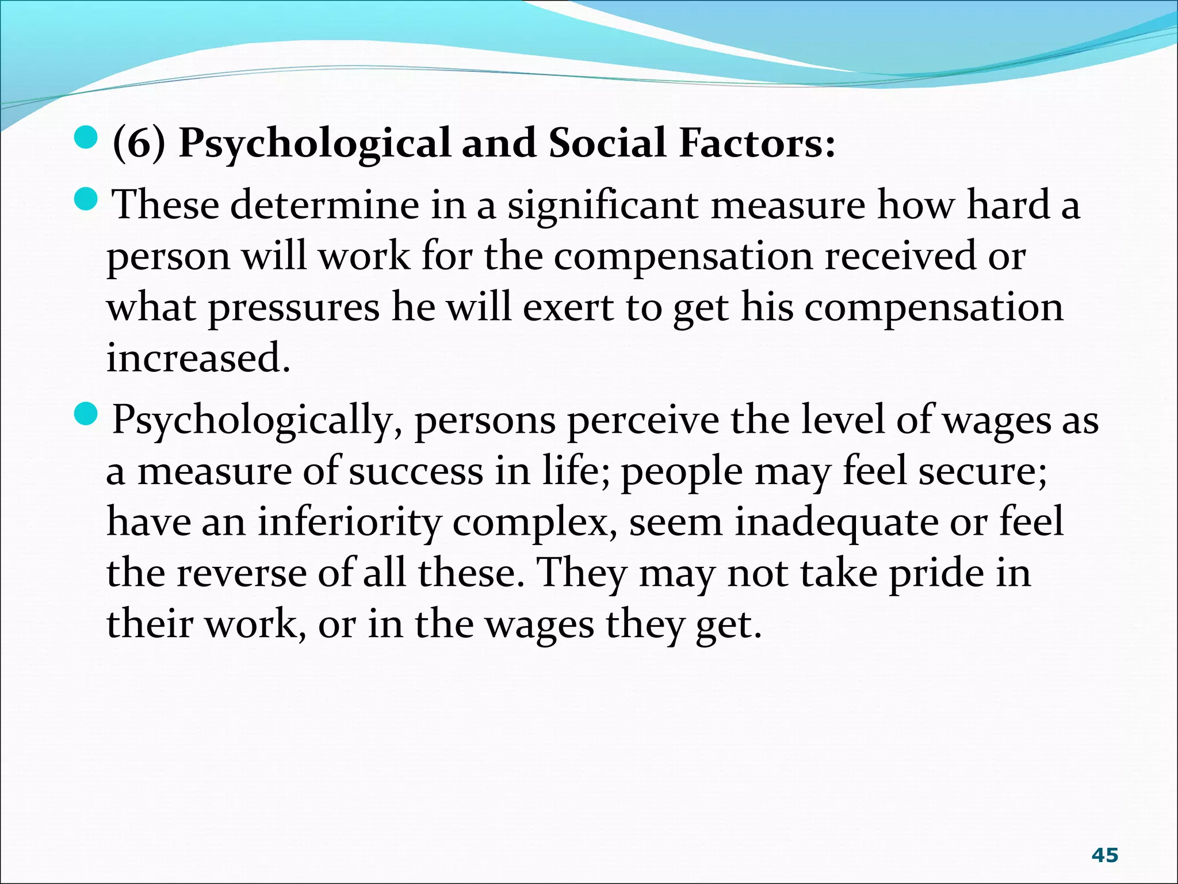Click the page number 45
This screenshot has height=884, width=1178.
[x=1104, y=855]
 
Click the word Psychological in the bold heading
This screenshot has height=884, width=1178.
[x=315, y=143]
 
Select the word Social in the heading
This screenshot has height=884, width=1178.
[x=607, y=142]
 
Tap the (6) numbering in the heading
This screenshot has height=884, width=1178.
[x=139, y=143]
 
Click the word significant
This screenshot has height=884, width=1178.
[x=602, y=205]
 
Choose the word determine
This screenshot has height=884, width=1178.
[x=324, y=205]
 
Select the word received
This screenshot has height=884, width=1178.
[x=900, y=256]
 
